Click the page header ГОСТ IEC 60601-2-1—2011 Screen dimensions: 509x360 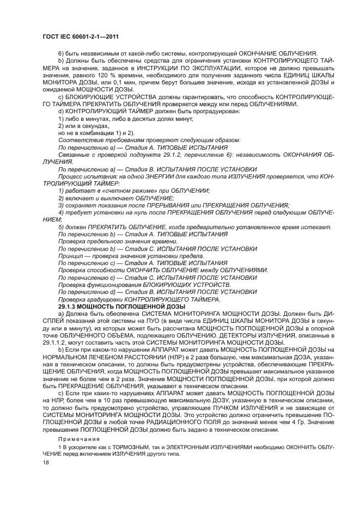point(80,36)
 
